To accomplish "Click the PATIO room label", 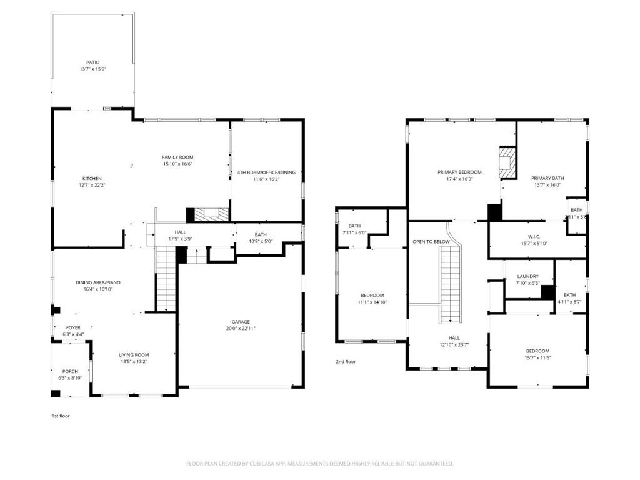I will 92,62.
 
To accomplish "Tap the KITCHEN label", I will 92,179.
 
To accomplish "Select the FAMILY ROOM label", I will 177,157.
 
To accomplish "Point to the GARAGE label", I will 241,322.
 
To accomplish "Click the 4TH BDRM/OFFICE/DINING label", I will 266,172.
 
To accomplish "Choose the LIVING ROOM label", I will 134,355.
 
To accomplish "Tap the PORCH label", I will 69,371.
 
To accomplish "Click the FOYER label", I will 73,327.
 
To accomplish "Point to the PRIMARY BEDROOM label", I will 459,172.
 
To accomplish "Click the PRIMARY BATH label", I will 547,178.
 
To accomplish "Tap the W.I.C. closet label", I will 534,236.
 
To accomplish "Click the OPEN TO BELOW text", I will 431,241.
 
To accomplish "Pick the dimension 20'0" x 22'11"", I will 241,329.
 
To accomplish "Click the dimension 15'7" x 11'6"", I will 537,357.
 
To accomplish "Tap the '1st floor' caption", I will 61,416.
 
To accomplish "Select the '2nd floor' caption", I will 346,361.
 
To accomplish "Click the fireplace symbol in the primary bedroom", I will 507,161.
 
